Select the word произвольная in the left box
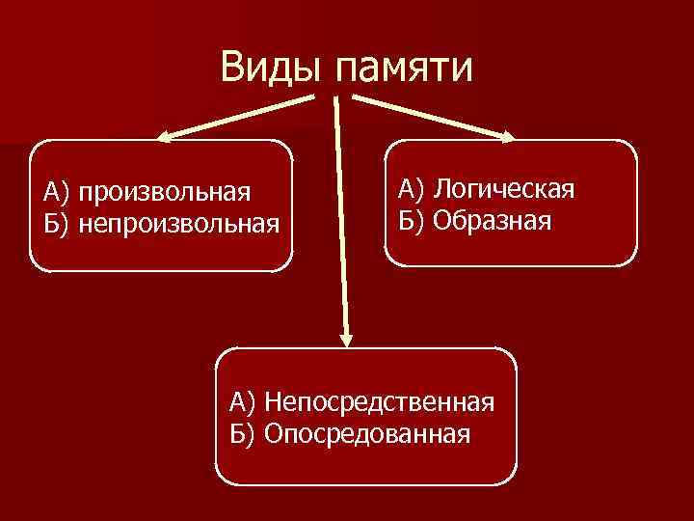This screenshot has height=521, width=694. coord(165,192)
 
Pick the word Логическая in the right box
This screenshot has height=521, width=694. coord(504,188)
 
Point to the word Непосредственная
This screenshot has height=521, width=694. coord(381,400)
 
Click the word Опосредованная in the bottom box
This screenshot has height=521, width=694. coord(367,432)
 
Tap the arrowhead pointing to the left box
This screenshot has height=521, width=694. coord(166,138)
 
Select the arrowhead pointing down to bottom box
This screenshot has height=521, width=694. coord(347,338)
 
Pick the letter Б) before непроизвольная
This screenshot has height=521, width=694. coord(56,224)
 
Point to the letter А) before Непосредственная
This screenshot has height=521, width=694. coord(243,400)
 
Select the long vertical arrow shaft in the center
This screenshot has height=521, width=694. coord(341,212)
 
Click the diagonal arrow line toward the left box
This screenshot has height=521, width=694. coord(241,118)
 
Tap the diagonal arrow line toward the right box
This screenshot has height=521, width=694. coord(429,117)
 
